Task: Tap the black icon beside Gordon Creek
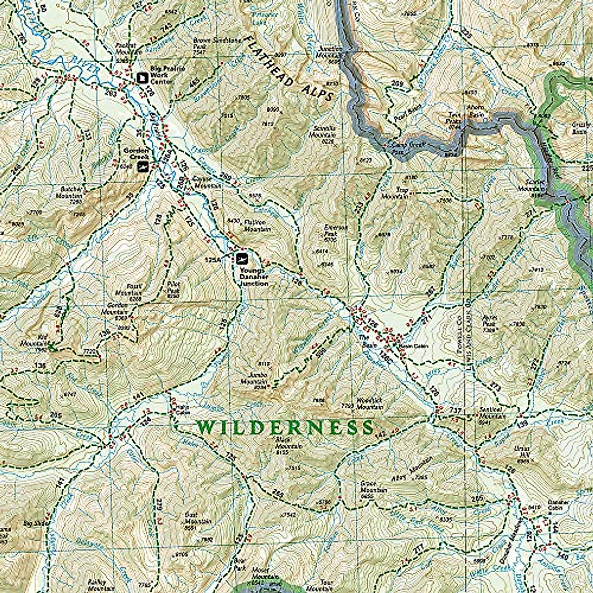(143, 167)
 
